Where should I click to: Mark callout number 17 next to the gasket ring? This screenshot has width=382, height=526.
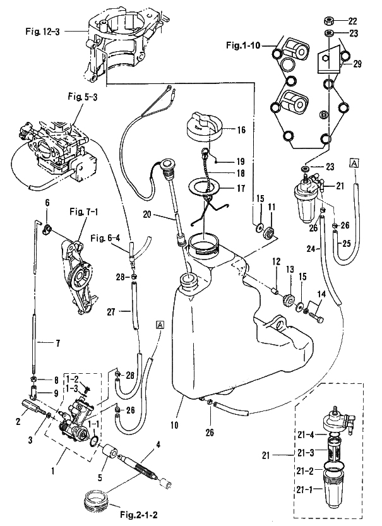click(x=241, y=188)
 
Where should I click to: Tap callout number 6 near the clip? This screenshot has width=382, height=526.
click(x=46, y=203)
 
